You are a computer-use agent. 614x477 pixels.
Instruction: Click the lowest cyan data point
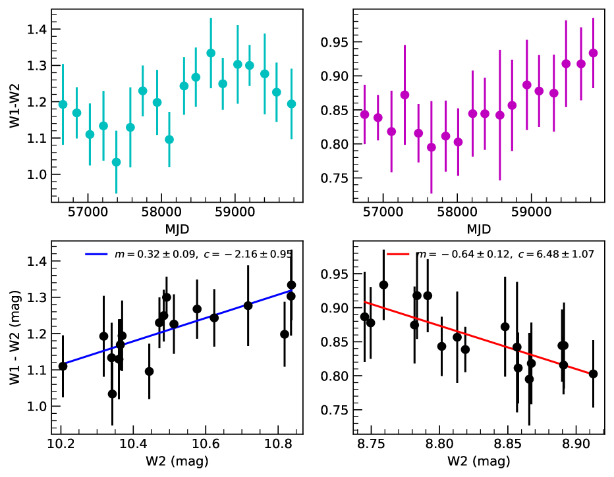(x=116, y=162)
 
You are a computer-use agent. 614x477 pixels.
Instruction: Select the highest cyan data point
(x=211, y=53)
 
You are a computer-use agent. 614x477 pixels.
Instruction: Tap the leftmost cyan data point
(x=63, y=105)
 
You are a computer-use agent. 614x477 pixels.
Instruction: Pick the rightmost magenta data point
(x=593, y=53)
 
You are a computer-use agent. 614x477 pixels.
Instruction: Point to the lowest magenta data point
(x=432, y=147)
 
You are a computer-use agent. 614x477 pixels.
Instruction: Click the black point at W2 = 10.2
(x=63, y=366)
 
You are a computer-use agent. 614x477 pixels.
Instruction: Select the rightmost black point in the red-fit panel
(x=593, y=374)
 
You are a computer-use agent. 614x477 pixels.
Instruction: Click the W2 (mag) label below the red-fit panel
(x=479, y=462)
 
